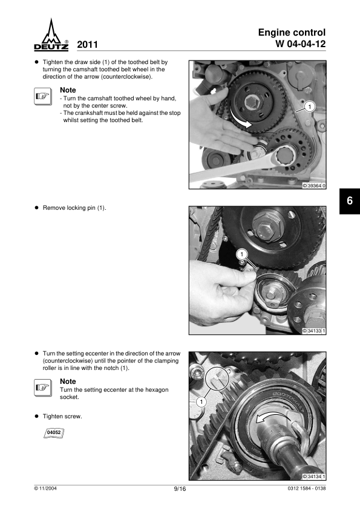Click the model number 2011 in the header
pyautogui.click(x=87, y=45)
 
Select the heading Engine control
pyautogui.click(x=292, y=33)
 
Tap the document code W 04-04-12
pyautogui.click(x=301, y=44)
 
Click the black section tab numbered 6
pyautogui.click(x=350, y=201)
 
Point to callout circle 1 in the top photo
pyautogui.click(x=310, y=107)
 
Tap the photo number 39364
pyautogui.click(x=314, y=186)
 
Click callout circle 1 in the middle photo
pyautogui.click(x=241, y=254)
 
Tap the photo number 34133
pyautogui.click(x=314, y=331)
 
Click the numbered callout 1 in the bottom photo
pyautogui.click(x=201, y=402)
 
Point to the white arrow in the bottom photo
pyautogui.click(x=268, y=418)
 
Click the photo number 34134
pyautogui.click(x=314, y=476)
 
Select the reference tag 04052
pyautogui.click(x=54, y=433)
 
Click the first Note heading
pyautogui.click(x=68, y=90)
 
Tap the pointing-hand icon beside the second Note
pyautogui.click(x=43, y=387)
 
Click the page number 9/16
pyautogui.click(x=180, y=489)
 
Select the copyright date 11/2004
pyautogui.click(x=45, y=488)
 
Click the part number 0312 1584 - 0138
pyautogui.click(x=307, y=488)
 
